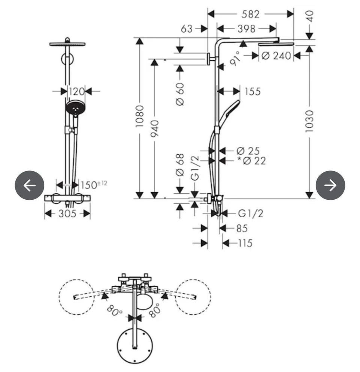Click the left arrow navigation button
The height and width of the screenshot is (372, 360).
click(30, 185)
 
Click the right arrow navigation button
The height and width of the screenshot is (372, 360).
click(330, 185)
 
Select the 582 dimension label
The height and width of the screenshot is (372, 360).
click(250, 14)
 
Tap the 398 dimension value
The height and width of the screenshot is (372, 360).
click(246, 29)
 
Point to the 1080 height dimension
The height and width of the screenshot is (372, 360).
click(139, 116)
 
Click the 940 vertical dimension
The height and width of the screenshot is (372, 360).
click(154, 128)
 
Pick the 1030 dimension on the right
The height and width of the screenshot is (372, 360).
click(309, 121)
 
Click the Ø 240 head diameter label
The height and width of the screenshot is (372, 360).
click(276, 56)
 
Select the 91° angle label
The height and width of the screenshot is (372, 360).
click(235, 58)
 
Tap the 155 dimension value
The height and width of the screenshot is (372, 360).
click(253, 91)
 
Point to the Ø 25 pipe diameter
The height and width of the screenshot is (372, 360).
click(248, 151)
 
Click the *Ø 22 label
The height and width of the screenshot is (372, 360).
click(252, 161)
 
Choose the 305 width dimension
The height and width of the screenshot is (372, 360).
click(67, 214)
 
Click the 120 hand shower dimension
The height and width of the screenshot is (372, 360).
click(76, 91)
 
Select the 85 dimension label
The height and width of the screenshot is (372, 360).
click(242, 229)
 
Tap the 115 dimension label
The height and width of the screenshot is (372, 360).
click(245, 244)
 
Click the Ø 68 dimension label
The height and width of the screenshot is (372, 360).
click(180, 165)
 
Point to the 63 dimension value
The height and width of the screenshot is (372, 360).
click(187, 29)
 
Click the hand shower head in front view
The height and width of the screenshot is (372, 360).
click(75, 108)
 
